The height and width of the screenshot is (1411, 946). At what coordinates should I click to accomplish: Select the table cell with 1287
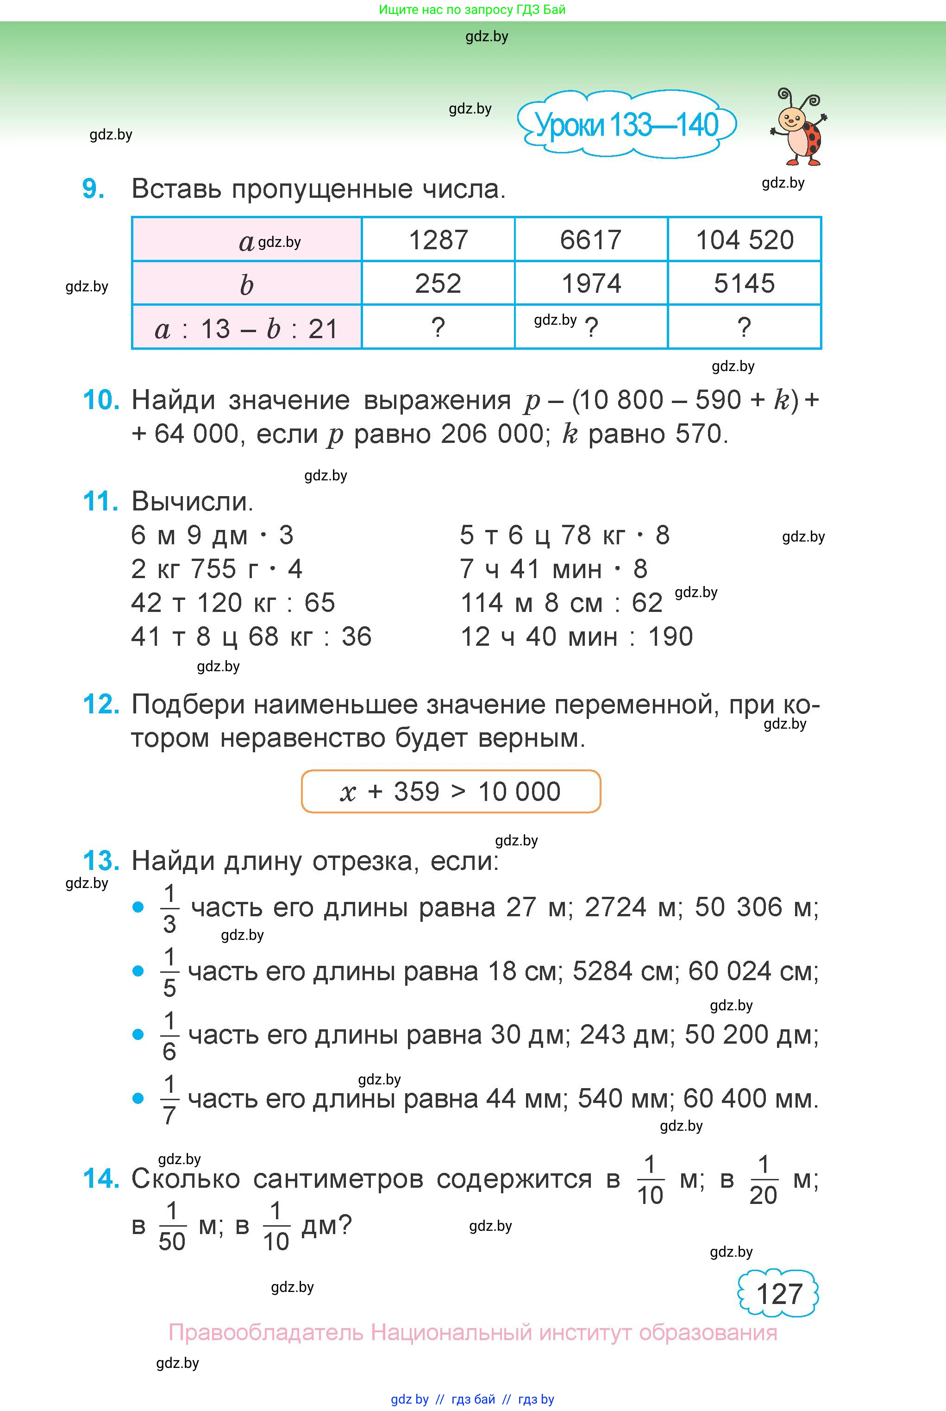click(x=438, y=239)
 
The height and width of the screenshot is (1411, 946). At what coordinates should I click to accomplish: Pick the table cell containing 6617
click(x=591, y=239)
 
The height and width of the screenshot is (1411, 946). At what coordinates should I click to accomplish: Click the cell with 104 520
click(x=745, y=239)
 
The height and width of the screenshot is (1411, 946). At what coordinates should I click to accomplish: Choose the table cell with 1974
click(x=591, y=283)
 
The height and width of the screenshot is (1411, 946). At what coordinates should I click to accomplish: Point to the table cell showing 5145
click(x=745, y=283)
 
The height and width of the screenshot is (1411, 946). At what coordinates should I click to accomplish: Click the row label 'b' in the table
click(x=246, y=284)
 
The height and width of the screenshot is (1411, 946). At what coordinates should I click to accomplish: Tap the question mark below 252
click(x=438, y=328)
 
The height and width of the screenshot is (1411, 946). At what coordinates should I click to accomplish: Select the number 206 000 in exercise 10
click(x=492, y=434)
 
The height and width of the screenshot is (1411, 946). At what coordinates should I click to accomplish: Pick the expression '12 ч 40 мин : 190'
click(x=576, y=636)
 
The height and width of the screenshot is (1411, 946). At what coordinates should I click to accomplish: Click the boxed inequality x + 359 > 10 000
click(x=451, y=791)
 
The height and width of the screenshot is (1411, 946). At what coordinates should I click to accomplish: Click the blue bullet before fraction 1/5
click(x=138, y=971)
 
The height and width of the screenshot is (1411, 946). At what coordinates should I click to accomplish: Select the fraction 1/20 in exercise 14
click(x=763, y=1180)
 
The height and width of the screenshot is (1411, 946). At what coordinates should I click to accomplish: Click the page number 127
click(x=779, y=1294)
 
